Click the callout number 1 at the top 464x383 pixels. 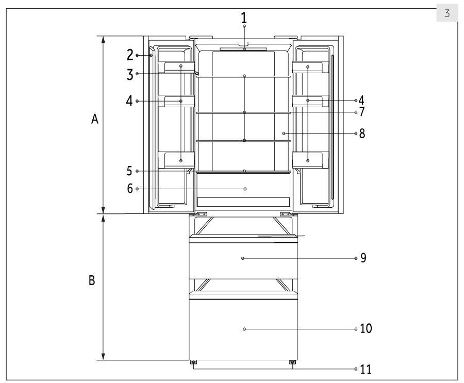(x=244, y=18)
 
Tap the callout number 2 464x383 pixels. (x=130, y=55)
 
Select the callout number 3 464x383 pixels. (x=130, y=75)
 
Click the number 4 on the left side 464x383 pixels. (x=129, y=101)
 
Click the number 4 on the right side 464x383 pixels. (x=361, y=101)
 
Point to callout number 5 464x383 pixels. (x=129, y=171)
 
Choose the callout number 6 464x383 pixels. (x=130, y=189)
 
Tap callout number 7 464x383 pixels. (x=361, y=111)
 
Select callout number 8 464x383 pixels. (x=362, y=134)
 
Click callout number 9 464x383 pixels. (x=363, y=258)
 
